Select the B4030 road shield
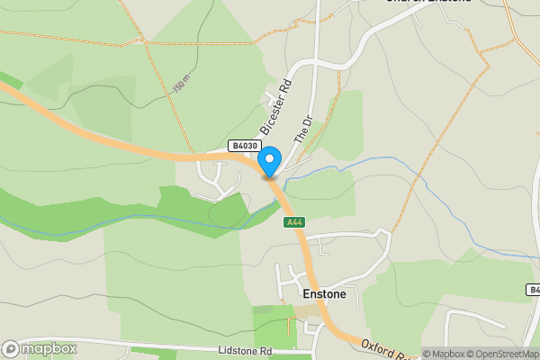(x=243, y=146)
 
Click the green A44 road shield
(x=293, y=222)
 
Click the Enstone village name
(x=324, y=293)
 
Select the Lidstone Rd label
(x=243, y=350)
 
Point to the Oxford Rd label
(x=386, y=350)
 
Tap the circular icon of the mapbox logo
(x=12, y=348)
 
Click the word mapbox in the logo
(x=49, y=348)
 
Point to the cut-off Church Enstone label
(x=428, y=3)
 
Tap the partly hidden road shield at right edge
(x=533, y=290)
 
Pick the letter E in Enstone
(x=307, y=293)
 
